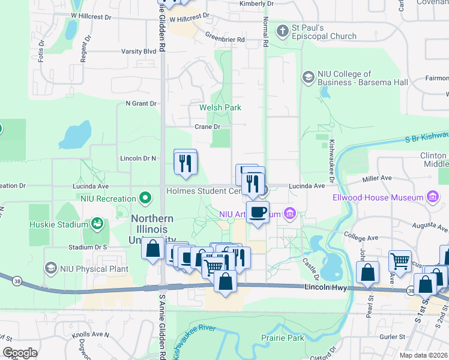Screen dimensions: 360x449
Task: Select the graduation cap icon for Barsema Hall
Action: (308, 77)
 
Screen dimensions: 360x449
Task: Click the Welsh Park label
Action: (220, 107)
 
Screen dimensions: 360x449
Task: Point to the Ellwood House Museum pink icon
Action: (432, 197)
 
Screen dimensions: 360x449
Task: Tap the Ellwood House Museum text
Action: (378, 197)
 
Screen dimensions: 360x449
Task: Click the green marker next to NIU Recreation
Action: (145, 197)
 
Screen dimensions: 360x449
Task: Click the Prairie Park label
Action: (282, 338)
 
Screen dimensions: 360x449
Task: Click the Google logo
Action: (20, 353)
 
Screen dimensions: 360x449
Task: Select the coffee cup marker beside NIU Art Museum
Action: (258, 212)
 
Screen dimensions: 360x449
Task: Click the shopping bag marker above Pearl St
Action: (367, 272)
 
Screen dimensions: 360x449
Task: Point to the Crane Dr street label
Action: (208, 127)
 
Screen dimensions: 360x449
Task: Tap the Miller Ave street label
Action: (377, 178)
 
